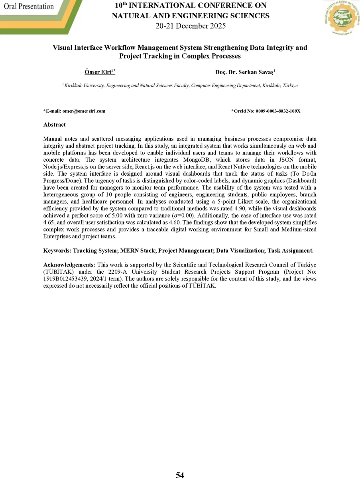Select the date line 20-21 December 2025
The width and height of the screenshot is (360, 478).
[191, 26]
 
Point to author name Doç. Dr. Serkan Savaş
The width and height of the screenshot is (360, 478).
[245, 72]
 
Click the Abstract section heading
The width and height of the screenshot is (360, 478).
[54, 125]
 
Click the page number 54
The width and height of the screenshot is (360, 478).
[180, 474]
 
